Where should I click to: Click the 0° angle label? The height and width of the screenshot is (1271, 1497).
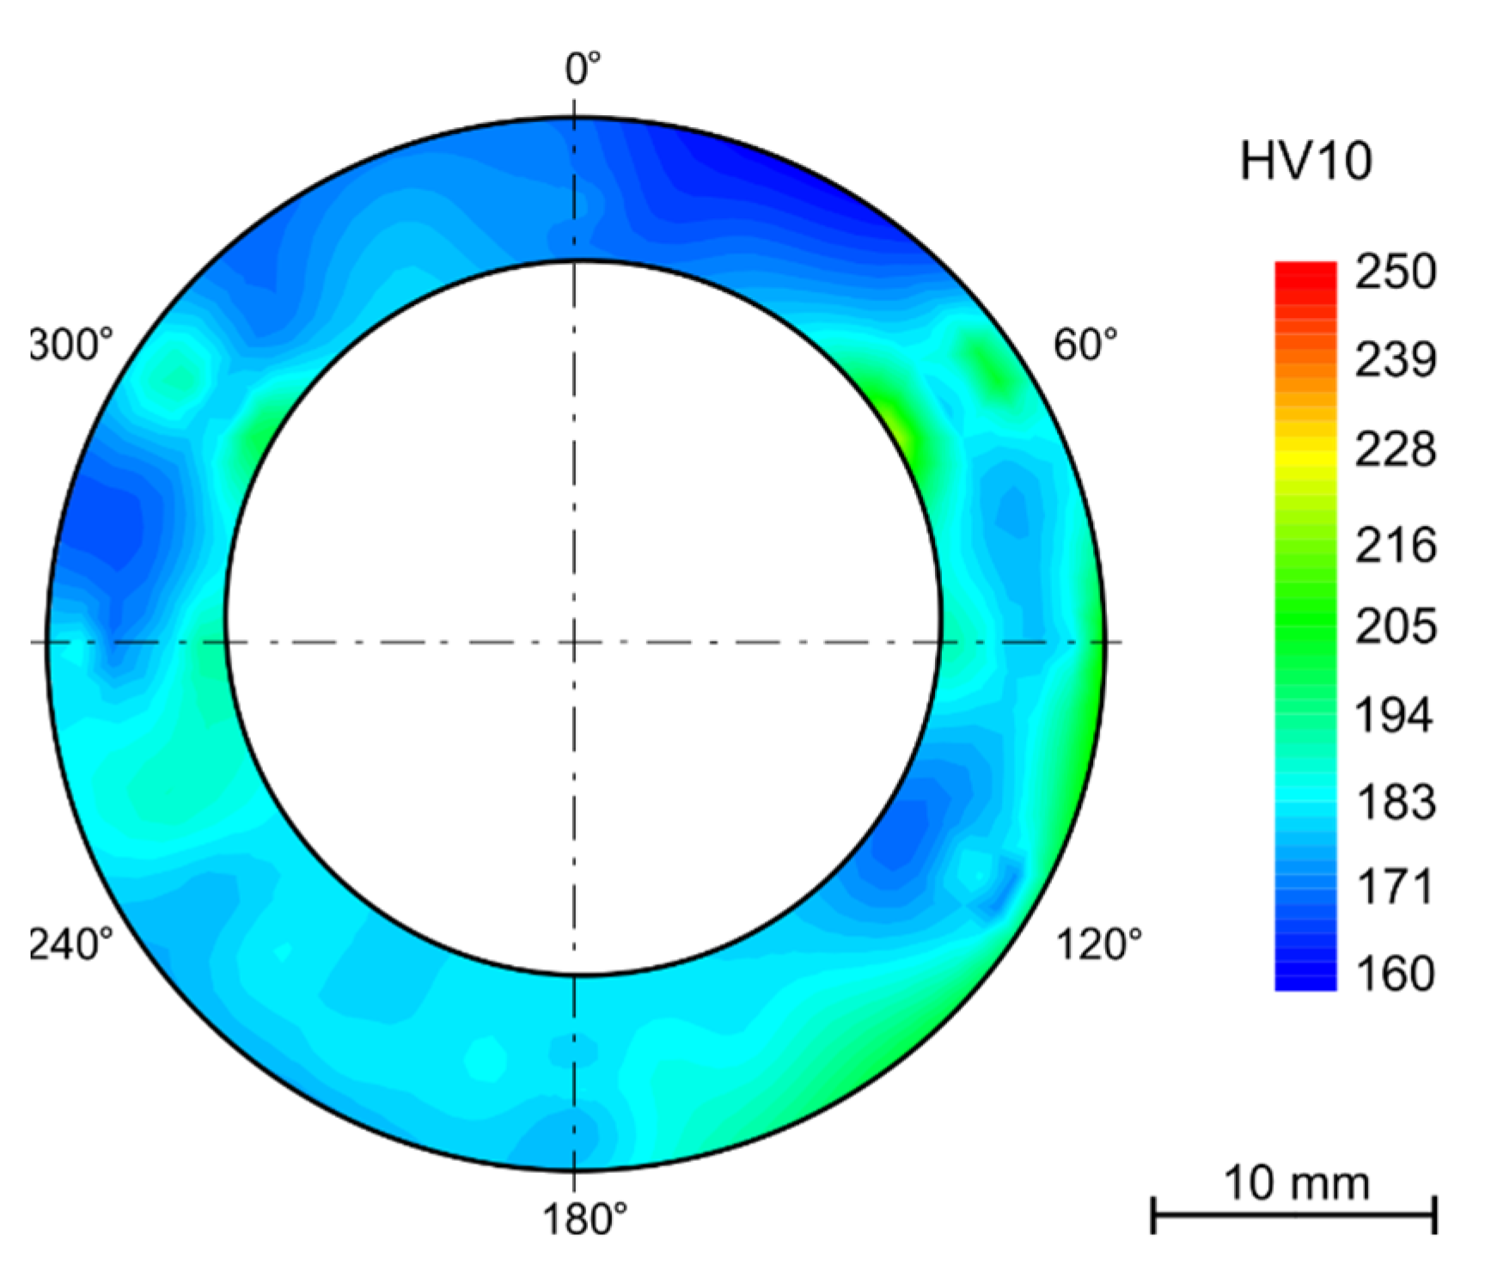tap(583, 69)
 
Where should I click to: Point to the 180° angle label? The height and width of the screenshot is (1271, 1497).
tap(584, 1219)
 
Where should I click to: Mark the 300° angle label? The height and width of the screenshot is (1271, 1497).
tap(71, 345)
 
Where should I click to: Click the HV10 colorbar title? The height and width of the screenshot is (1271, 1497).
tap(1305, 161)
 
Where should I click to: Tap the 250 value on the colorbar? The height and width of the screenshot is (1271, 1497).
tap(1395, 272)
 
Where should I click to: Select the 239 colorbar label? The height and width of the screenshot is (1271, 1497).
tap(1395, 360)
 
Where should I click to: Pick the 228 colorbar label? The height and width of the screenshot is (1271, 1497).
tap(1395, 449)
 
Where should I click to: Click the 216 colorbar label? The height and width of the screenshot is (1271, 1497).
tap(1395, 545)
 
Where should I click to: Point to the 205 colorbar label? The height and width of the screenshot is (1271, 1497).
tap(1395, 626)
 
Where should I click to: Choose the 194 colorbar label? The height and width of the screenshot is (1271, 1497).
tap(1395, 715)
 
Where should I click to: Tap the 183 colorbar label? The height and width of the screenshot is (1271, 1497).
tap(1395, 803)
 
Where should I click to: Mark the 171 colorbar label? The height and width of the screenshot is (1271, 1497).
tap(1395, 887)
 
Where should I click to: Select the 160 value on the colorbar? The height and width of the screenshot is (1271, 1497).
tap(1395, 974)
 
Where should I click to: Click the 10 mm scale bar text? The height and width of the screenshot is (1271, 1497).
tap(1295, 1183)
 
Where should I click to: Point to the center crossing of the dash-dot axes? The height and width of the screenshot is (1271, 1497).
tap(574, 642)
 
